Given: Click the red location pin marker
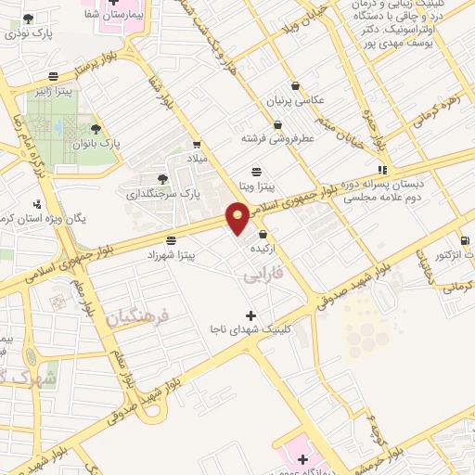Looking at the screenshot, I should point(238,218).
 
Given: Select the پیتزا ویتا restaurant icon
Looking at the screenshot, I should point(257,171).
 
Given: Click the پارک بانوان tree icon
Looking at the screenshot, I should point(96,130).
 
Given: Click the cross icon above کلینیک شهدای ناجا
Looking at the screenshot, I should point(250,315).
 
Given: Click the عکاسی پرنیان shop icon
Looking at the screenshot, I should point(295,85).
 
